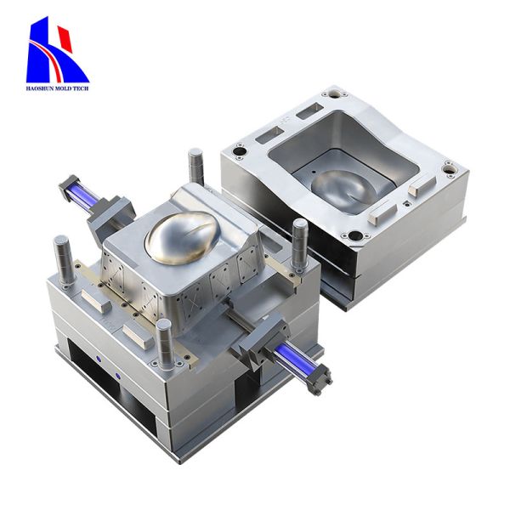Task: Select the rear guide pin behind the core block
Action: pyautogui.click(x=195, y=166)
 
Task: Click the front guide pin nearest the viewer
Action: pyautogui.click(x=166, y=344)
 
